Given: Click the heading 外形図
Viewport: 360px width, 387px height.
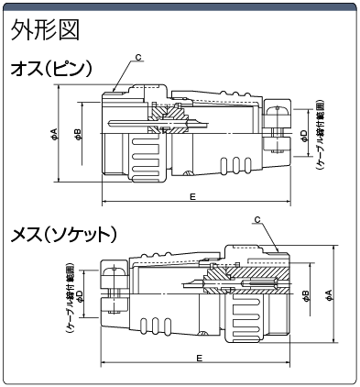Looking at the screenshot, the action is (x=45, y=30).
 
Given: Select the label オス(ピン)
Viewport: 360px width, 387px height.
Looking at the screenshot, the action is (x=50, y=69).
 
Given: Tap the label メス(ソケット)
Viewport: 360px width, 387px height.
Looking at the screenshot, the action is (x=63, y=235).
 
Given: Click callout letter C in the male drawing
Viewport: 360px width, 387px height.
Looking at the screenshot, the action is (x=138, y=58).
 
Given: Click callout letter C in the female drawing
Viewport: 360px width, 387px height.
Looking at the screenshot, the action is (x=257, y=219).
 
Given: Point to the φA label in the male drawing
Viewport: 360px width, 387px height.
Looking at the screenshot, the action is (x=54, y=134).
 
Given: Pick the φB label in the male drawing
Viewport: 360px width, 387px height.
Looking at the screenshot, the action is (x=78, y=134).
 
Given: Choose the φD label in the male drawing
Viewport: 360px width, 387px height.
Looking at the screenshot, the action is (x=304, y=135).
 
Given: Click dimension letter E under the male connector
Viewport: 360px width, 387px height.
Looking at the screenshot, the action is (x=192, y=196).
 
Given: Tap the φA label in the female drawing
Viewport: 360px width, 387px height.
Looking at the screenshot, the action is (x=329, y=295).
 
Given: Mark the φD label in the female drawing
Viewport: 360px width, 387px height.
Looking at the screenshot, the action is (x=79, y=296).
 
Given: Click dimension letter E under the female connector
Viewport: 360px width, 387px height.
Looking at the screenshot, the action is (x=199, y=358).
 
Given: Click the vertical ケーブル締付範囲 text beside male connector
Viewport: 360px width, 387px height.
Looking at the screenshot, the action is (x=320, y=135).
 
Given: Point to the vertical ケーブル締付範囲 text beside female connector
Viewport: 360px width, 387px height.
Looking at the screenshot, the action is (x=70, y=297).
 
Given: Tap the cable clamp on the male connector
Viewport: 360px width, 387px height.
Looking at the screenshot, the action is (x=277, y=128).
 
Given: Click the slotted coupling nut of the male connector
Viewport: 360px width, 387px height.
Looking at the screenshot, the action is (x=147, y=158).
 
